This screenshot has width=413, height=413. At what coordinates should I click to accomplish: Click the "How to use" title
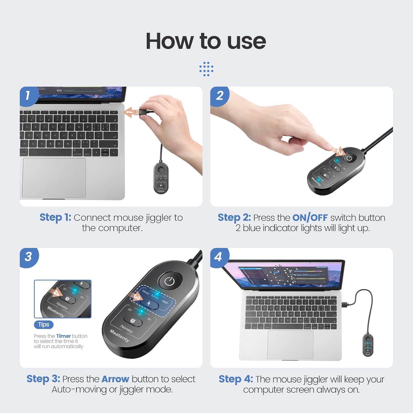tap(206, 41)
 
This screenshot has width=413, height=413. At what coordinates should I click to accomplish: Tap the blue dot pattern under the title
tap(206, 69)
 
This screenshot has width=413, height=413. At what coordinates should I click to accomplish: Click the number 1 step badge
tap(28, 96)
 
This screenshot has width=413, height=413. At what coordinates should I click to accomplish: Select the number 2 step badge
tap(219, 96)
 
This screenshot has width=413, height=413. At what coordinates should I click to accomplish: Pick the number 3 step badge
tap(28, 257)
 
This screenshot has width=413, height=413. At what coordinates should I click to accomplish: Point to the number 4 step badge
tap(218, 257)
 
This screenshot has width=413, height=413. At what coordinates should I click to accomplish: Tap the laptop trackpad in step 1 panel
tap(54, 178)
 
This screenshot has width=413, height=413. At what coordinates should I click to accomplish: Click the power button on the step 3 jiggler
tap(170, 281)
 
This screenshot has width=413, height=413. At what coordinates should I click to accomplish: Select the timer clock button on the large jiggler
tap(133, 321)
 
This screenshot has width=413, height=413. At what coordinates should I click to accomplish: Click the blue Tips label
tap(44, 325)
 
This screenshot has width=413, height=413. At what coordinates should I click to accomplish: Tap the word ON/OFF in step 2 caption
tap(310, 218)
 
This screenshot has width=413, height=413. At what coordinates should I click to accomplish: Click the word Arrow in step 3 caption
tap(115, 379)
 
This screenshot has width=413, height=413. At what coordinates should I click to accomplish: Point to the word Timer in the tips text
tap(63, 336)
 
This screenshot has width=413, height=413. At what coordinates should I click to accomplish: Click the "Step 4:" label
tap(236, 379)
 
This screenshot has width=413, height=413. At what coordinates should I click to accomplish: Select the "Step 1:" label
tap(55, 218)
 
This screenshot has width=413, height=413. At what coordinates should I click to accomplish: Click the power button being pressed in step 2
tap(349, 158)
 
